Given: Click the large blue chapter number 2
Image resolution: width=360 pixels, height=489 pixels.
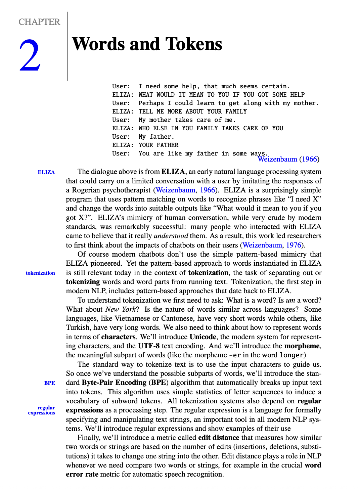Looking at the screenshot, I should [x=30, y=55].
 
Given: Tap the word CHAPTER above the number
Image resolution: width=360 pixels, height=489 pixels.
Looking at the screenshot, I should [x=39, y=22].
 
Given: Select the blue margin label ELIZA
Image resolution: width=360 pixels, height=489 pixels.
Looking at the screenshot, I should [x=46, y=172].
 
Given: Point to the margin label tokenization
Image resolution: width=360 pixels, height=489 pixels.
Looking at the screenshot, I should [x=40, y=273].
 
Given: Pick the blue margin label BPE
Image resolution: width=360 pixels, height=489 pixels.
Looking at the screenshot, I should [x=49, y=383].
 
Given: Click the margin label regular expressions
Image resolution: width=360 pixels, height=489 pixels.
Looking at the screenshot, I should [x=42, y=410].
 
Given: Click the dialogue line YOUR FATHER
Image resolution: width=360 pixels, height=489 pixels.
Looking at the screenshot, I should [x=158, y=145].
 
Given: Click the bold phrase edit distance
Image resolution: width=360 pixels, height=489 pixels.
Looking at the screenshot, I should [x=219, y=438].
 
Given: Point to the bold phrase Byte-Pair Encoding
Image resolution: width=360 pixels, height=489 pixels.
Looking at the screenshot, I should [x=114, y=383].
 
